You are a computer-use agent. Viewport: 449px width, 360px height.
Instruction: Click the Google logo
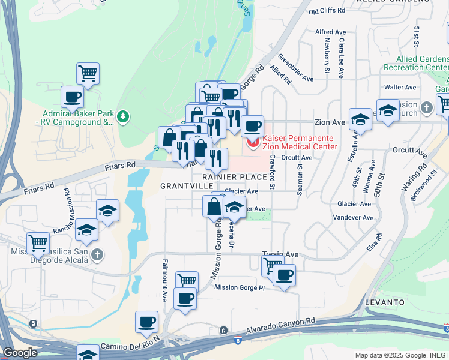20,353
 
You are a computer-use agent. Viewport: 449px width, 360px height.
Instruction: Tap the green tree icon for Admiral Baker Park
123,115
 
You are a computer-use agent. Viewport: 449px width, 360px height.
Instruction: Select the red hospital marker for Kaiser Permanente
253,142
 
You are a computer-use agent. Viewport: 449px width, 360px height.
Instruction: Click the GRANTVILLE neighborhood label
184,186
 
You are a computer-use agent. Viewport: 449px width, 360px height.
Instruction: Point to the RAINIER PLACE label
234,177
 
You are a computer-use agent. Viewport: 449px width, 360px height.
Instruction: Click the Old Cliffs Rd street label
327,11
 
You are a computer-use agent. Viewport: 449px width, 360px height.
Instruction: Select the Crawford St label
271,170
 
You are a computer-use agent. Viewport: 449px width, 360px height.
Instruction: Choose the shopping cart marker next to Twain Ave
272,263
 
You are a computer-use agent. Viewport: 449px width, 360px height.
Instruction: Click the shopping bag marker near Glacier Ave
214,206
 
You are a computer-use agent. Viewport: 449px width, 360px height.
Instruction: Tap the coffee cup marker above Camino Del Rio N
146,322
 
